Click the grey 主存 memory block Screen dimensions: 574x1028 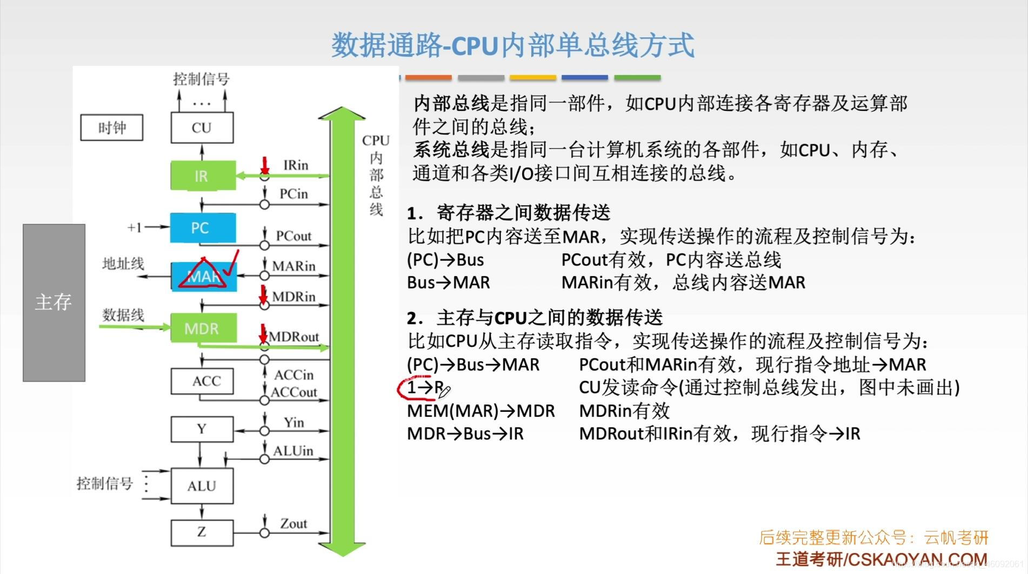(54, 303)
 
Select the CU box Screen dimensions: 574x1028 (202, 128)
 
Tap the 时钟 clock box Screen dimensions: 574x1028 (111, 128)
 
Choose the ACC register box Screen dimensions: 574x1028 (202, 381)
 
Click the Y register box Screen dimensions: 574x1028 (202, 429)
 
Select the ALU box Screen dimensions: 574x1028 (202, 486)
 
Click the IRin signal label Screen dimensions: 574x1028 (296, 165)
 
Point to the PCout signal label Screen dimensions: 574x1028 (293, 236)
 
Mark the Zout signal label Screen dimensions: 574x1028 (293, 523)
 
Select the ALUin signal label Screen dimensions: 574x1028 (293, 451)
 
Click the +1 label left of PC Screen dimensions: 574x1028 (134, 228)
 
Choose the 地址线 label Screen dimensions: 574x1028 (123, 264)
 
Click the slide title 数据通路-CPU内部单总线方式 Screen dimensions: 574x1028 (512, 45)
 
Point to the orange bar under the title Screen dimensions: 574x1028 (428, 78)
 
